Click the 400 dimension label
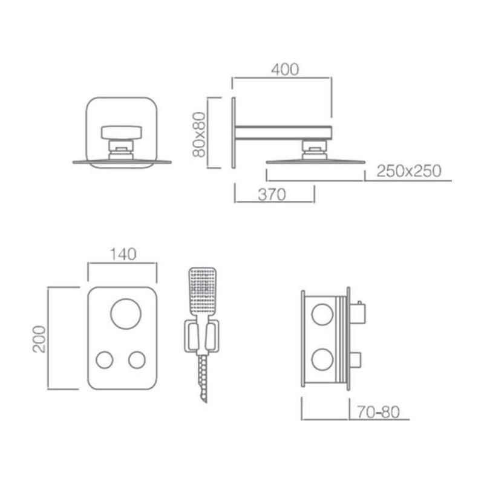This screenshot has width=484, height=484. [285, 70]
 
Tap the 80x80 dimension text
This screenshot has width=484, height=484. [199, 134]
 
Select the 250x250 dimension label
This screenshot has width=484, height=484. [409, 171]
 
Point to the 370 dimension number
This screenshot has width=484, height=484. [272, 195]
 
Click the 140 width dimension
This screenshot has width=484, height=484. [123, 254]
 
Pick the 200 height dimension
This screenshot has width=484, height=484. [39, 339]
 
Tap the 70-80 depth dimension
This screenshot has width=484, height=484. [379, 412]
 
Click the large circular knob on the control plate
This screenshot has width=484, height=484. [126, 313]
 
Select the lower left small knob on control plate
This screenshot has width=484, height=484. [104, 360]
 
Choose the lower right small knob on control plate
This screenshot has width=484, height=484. [137, 360]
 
